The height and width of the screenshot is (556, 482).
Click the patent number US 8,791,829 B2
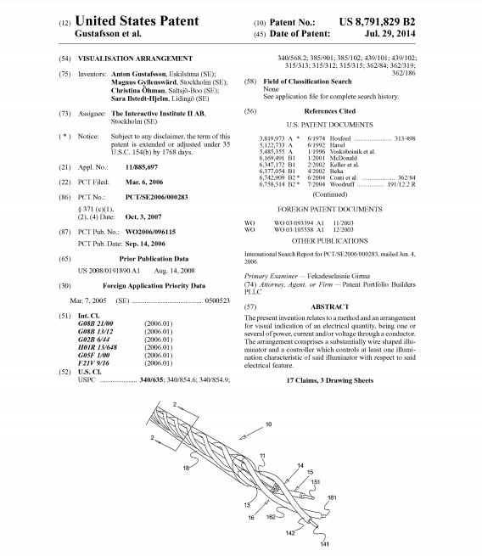coord(377,22)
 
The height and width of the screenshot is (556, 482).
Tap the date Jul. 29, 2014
coord(390,34)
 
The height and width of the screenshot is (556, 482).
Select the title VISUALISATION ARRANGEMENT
coord(135,59)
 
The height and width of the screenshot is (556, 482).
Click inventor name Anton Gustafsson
coord(138,74)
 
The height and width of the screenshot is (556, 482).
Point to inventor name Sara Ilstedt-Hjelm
coord(139,98)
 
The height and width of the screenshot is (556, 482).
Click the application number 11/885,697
coord(142,167)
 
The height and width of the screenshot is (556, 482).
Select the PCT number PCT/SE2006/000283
coord(156,197)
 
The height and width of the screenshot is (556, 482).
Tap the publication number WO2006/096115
coord(150,232)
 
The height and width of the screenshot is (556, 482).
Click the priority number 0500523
coord(217,300)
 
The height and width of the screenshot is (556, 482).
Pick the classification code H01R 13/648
coord(98,347)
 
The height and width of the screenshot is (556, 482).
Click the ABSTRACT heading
coord(329,306)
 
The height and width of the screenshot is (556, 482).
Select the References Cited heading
coord(329,111)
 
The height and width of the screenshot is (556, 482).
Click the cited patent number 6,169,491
coord(272,158)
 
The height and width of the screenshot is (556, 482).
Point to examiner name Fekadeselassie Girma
coord(339,276)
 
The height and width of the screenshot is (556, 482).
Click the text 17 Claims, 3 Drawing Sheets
coord(329,380)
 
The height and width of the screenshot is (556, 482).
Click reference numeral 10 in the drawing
coord(269,424)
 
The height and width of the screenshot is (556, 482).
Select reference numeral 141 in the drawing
coord(325,544)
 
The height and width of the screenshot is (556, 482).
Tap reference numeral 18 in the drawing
coord(186,468)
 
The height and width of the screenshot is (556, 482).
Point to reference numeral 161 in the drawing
coord(332,497)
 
